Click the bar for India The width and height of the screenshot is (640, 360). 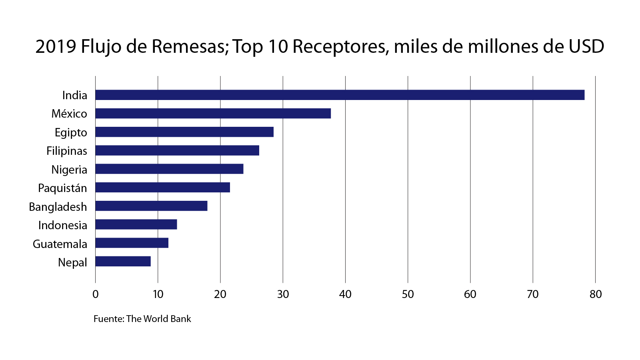click(340, 95)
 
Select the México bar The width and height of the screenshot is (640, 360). click(213, 114)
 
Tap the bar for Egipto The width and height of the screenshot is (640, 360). click(184, 132)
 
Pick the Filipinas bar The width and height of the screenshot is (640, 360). click(177, 150)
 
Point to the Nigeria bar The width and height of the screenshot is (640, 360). click(169, 169)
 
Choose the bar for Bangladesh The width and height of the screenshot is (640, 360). click(151, 206)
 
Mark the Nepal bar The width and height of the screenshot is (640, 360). click(123, 262)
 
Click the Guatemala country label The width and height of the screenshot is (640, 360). click(60, 244)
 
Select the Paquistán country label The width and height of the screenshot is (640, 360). click(62, 188)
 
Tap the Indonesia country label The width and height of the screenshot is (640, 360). click(63, 225)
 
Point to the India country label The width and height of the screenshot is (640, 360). click(75, 95)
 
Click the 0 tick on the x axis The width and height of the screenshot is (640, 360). click(95, 294)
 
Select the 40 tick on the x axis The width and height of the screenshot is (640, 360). click(345, 294)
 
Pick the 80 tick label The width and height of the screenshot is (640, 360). click(596, 294)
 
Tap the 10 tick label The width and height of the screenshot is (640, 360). click(158, 294)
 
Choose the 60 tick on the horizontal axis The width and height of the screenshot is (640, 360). click(470, 294)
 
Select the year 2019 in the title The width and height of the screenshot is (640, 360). click(56, 46)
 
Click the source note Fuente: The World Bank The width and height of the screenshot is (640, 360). click(142, 319)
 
